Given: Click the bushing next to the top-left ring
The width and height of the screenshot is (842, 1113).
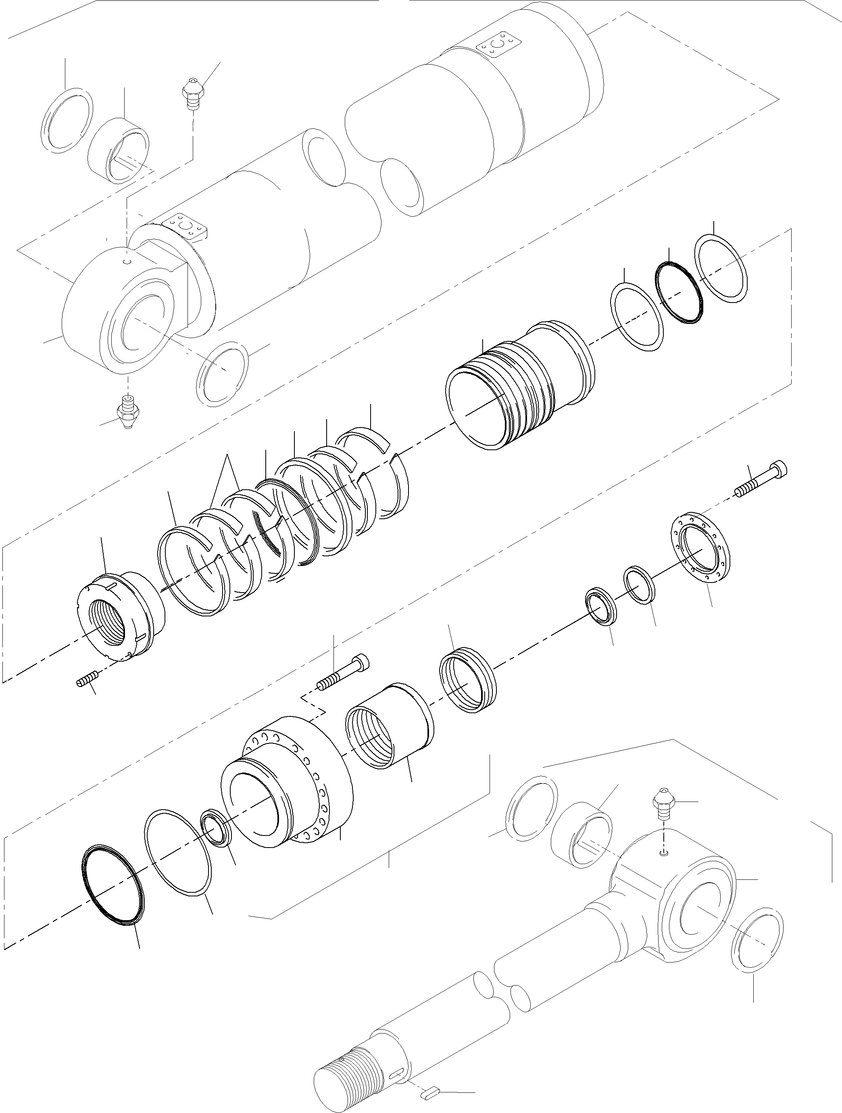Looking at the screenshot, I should click(x=119, y=151).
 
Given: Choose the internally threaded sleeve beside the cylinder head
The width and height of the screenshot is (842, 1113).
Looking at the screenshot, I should click(x=389, y=737).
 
